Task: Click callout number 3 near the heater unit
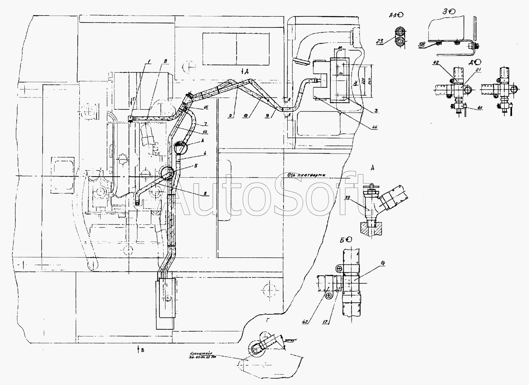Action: coord(376,110)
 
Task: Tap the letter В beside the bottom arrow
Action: coord(143,351)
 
